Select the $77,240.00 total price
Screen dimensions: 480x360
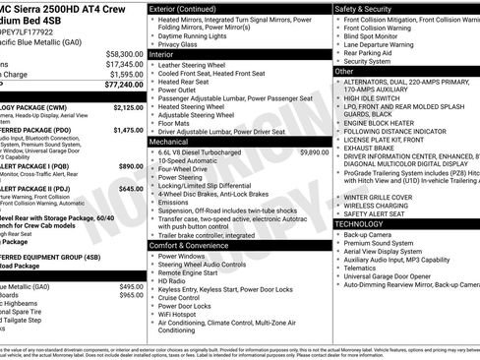tap(124, 86)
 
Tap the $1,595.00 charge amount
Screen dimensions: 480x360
tap(126, 73)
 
